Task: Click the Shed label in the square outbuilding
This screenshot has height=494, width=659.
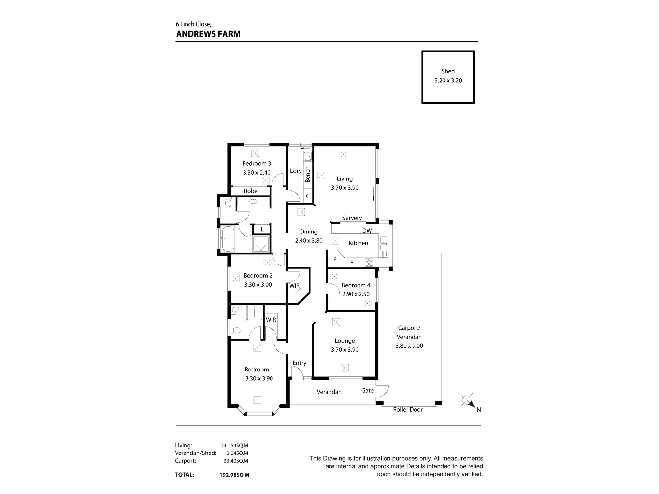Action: pos(448,71)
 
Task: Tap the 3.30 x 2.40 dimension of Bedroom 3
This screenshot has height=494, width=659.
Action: pos(256,172)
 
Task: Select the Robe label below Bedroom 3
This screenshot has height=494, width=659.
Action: pos(250,191)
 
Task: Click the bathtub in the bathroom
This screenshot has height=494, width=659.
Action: pos(228,238)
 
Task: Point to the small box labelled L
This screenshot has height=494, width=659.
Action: pos(262,229)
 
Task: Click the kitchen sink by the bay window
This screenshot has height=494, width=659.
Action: pos(383,247)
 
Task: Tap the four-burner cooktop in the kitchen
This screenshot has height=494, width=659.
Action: pos(369,262)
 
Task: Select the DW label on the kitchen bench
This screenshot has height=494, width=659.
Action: pos(367,231)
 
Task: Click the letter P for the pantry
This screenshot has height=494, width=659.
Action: pos(335,259)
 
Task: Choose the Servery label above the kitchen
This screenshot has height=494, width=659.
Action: pos(352,218)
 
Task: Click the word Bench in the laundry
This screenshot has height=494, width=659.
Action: pos(308,174)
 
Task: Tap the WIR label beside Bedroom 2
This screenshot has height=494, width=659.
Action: pos(294,286)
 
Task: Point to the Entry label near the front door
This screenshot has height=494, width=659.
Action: pos(299,363)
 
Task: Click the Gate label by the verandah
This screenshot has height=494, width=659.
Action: pos(367,390)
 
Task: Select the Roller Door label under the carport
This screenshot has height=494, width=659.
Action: pos(408,410)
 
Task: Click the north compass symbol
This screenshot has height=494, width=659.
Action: pos(467,400)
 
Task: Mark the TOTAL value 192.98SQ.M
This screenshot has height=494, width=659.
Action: pos(234,475)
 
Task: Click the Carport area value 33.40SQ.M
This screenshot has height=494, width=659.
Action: pos(236,461)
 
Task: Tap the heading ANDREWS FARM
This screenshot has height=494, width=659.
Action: pos(208,34)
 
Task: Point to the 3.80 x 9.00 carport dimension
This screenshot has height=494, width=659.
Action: pos(409,346)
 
